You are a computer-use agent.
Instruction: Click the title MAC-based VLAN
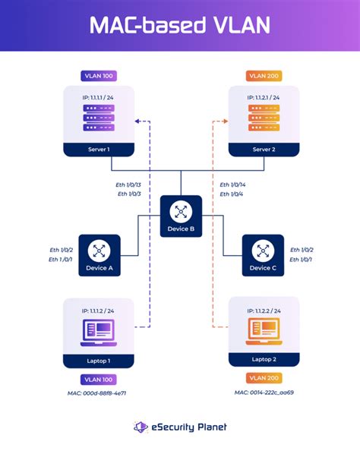(180, 26)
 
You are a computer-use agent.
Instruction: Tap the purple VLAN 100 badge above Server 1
(97, 76)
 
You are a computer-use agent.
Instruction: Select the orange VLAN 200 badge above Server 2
(263, 76)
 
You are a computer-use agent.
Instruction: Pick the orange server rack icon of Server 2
(263, 118)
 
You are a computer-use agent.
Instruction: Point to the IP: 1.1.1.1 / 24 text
(97, 97)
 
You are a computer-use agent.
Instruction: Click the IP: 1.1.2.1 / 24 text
(263, 97)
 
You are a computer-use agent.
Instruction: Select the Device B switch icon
(181, 211)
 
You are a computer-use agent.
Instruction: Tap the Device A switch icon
(99, 250)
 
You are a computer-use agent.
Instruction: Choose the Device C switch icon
(263, 250)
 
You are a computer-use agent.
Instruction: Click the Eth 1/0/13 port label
(128, 184)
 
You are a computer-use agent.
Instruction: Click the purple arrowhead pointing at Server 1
(138, 121)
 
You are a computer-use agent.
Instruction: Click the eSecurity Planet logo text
(188, 427)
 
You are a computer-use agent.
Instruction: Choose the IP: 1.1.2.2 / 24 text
(263, 311)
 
